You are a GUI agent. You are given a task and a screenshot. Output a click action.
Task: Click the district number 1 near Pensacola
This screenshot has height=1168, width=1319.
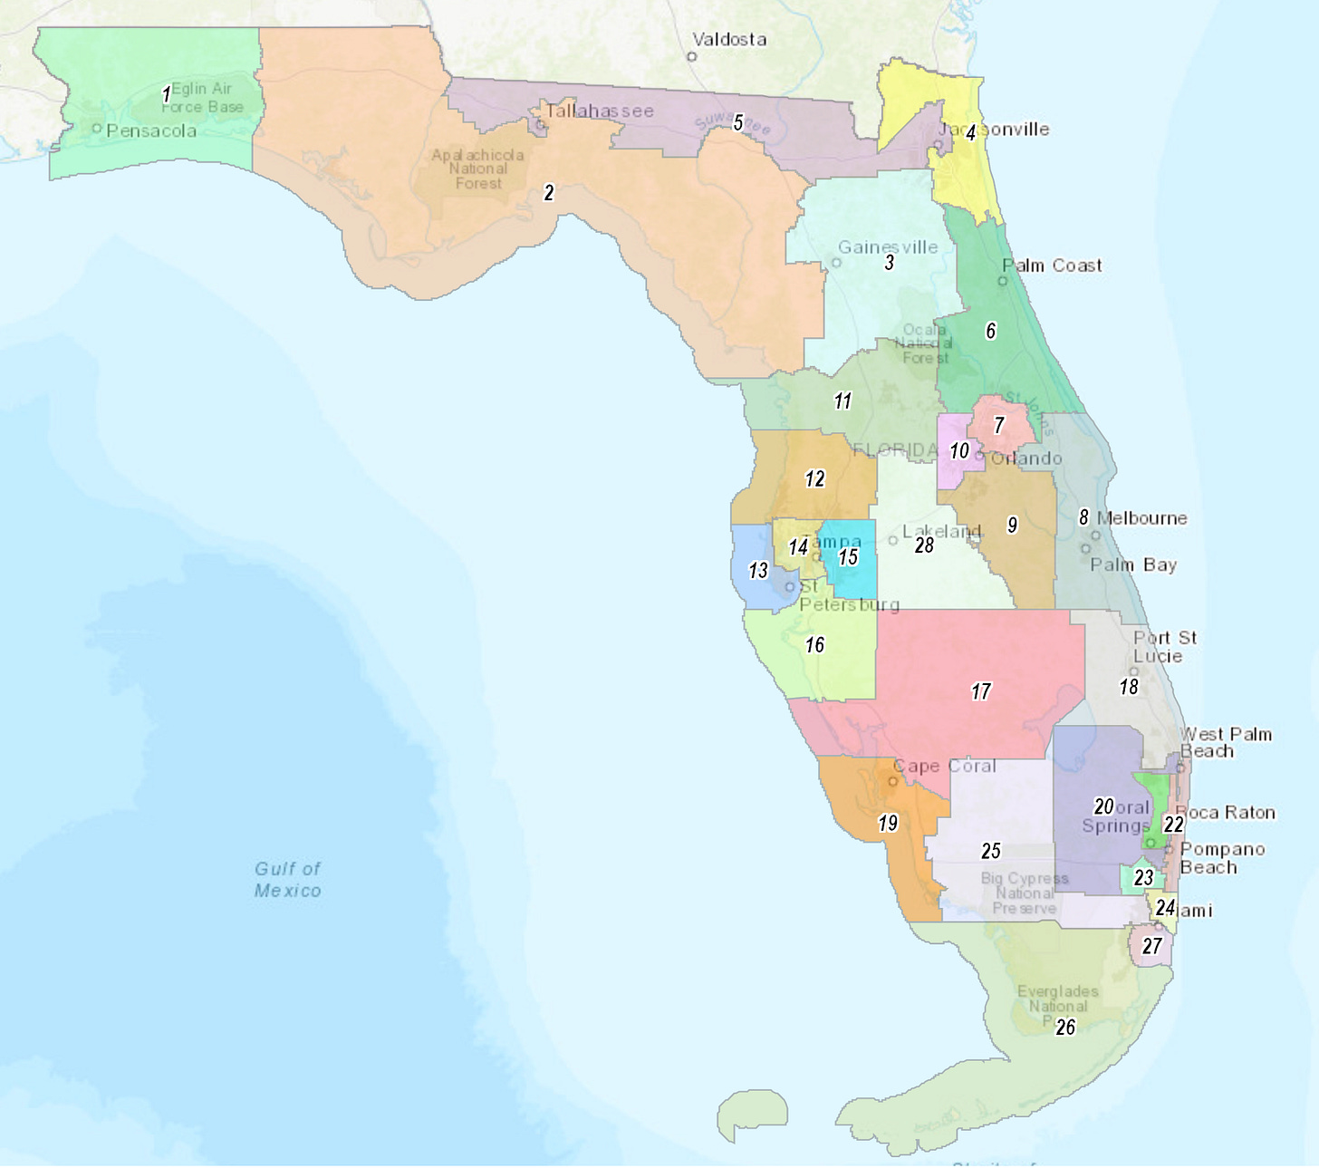tap(166, 94)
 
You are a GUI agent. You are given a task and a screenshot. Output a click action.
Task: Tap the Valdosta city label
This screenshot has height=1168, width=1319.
tap(729, 40)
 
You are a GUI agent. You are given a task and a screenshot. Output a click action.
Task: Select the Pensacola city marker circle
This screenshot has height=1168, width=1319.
tap(97, 129)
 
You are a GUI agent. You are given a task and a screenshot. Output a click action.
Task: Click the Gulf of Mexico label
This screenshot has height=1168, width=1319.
tap(287, 879)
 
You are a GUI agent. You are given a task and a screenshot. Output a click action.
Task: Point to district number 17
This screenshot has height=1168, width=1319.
tap(981, 691)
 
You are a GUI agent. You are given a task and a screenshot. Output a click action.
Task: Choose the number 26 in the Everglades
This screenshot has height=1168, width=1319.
tap(1065, 1027)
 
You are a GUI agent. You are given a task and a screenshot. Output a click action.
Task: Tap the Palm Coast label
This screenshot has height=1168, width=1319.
tap(1052, 265)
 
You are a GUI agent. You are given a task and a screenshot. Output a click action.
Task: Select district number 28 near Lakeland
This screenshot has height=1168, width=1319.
tap(924, 545)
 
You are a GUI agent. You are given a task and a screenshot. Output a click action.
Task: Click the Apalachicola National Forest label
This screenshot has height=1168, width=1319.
tap(477, 169)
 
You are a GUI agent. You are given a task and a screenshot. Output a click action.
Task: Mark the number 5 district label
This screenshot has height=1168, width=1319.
tap(738, 122)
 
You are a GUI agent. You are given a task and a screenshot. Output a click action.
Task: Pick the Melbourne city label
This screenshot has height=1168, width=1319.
tap(1141, 518)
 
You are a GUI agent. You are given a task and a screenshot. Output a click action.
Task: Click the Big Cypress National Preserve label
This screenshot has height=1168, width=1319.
tap(1024, 893)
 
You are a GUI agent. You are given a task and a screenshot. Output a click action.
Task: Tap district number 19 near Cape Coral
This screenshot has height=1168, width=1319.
tap(888, 823)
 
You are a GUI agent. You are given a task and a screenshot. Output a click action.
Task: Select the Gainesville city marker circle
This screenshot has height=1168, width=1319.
tap(837, 263)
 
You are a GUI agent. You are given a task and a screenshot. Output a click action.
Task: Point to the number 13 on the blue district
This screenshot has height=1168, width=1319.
tap(758, 570)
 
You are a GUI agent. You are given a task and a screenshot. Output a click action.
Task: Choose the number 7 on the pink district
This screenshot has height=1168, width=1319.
tap(999, 425)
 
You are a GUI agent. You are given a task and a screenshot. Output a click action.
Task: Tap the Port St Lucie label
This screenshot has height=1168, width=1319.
tap(1164, 646)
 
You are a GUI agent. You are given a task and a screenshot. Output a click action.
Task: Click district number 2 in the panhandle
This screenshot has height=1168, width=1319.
tap(548, 192)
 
